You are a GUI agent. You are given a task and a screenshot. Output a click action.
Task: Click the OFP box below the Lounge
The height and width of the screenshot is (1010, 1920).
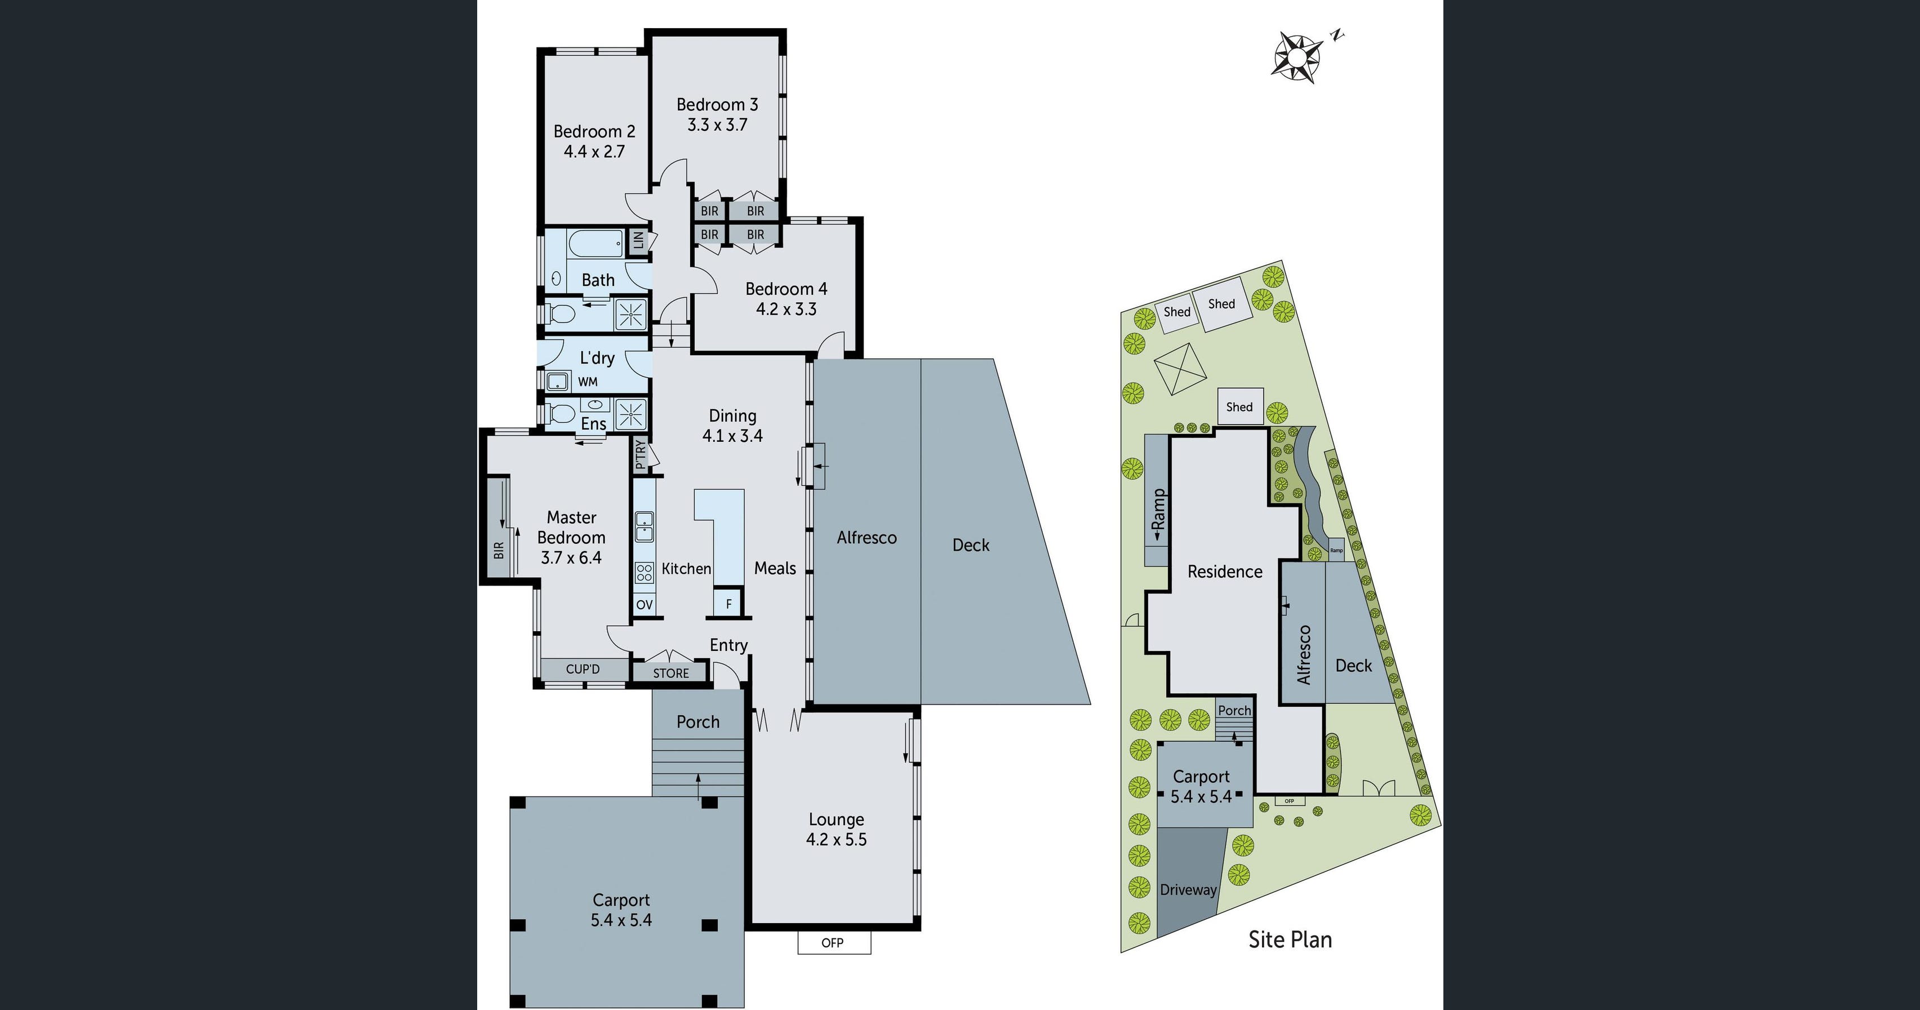[x=833, y=943]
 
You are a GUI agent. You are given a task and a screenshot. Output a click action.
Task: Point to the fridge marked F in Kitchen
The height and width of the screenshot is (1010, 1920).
[x=728, y=604]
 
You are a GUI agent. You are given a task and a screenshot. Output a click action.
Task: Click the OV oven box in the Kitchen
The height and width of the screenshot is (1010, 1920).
[x=645, y=605]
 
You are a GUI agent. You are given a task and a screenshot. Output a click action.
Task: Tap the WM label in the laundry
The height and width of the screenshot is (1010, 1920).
[x=588, y=382]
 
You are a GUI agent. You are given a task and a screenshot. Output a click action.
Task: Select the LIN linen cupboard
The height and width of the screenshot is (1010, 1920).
[x=638, y=241]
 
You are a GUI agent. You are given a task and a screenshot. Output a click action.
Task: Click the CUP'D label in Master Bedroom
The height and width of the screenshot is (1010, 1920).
[x=582, y=668]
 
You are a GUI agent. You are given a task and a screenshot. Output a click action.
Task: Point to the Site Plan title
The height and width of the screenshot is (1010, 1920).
[x=1290, y=939]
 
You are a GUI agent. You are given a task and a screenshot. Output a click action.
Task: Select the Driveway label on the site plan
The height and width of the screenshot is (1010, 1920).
[x=1188, y=889]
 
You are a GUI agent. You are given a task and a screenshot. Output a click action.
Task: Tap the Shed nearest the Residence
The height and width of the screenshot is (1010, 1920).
[x=1239, y=406]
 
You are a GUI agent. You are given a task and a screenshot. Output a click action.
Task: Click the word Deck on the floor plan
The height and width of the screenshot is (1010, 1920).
[x=971, y=545]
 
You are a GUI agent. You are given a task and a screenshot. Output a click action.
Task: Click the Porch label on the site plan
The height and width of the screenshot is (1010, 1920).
[x=1234, y=710]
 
